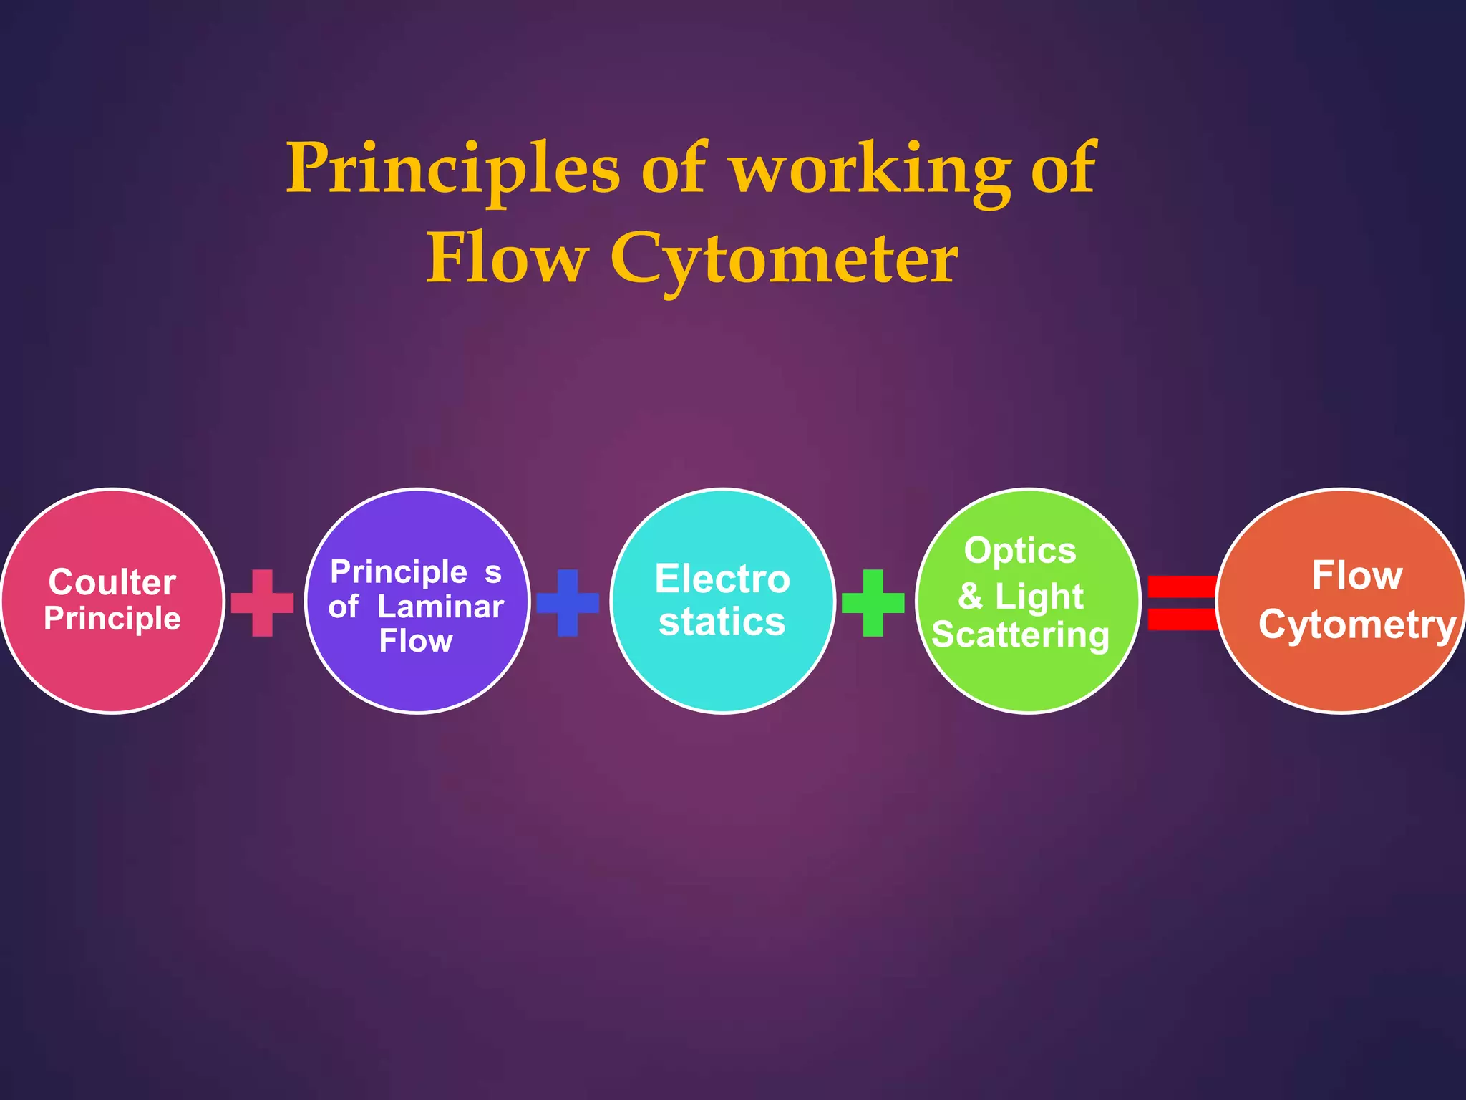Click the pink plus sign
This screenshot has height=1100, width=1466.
click(262, 603)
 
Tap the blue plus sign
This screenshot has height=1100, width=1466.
click(568, 603)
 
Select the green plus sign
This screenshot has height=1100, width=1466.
click(873, 603)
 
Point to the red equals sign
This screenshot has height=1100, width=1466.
click(1181, 603)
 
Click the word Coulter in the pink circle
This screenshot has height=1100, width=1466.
click(112, 582)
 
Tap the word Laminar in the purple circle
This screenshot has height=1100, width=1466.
click(440, 607)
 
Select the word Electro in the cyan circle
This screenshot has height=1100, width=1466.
click(722, 579)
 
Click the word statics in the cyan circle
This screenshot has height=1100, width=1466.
click(722, 622)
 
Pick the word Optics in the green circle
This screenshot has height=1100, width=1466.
click(1020, 551)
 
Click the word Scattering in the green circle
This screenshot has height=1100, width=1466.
click(1020, 635)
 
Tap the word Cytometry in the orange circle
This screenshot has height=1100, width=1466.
click(1357, 624)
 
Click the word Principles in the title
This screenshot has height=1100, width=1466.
click(452, 169)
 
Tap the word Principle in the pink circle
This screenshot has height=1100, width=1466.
click(112, 619)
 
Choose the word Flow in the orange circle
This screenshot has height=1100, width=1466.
click(1356, 576)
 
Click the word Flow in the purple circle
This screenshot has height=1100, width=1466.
click(416, 641)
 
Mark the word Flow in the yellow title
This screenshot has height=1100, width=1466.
click(507, 258)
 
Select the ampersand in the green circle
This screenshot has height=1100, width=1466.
click(970, 596)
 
